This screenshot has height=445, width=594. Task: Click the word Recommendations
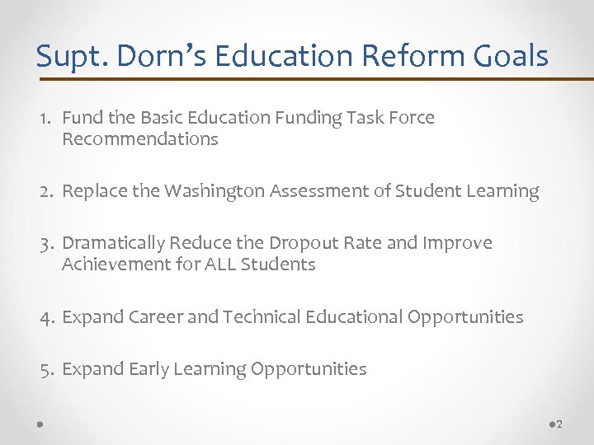tap(139, 139)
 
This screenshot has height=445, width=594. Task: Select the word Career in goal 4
tap(156, 317)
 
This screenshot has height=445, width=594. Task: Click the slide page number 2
tap(559, 424)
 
